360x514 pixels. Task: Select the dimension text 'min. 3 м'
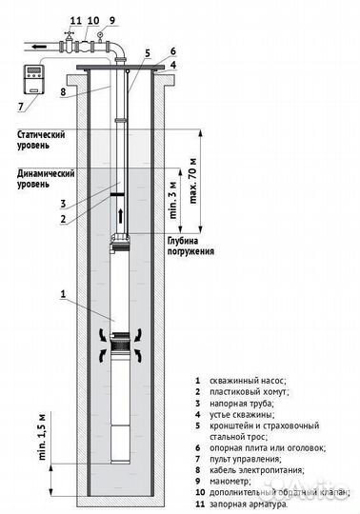point(172,197)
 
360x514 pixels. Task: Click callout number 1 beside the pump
point(63,295)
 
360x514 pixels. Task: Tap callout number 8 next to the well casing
point(63,92)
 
